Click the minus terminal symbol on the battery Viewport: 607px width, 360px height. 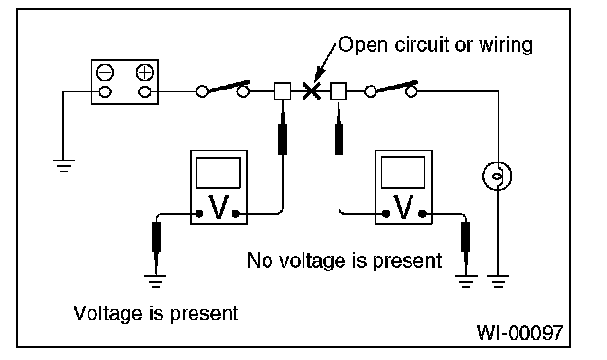[x=104, y=72]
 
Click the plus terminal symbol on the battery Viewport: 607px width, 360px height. [x=144, y=72]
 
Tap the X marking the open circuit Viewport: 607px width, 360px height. [x=311, y=91]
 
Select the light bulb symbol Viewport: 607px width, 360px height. [x=497, y=176]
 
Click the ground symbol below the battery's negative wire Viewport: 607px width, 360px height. [x=63, y=165]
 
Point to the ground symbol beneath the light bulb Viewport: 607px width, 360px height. [x=498, y=281]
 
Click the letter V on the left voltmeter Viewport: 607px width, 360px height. [x=218, y=206]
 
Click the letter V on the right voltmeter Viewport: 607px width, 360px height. [x=403, y=206]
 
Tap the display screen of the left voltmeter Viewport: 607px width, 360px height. [x=218, y=172]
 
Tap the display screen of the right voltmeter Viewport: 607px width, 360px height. [x=403, y=172]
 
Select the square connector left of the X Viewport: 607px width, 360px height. [x=283, y=91]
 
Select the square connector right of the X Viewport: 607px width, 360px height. [x=339, y=91]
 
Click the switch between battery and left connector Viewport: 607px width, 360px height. [x=223, y=90]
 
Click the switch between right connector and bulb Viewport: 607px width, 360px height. [x=391, y=90]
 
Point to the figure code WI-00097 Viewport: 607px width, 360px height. [x=519, y=332]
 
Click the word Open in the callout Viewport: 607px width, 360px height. [x=363, y=46]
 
